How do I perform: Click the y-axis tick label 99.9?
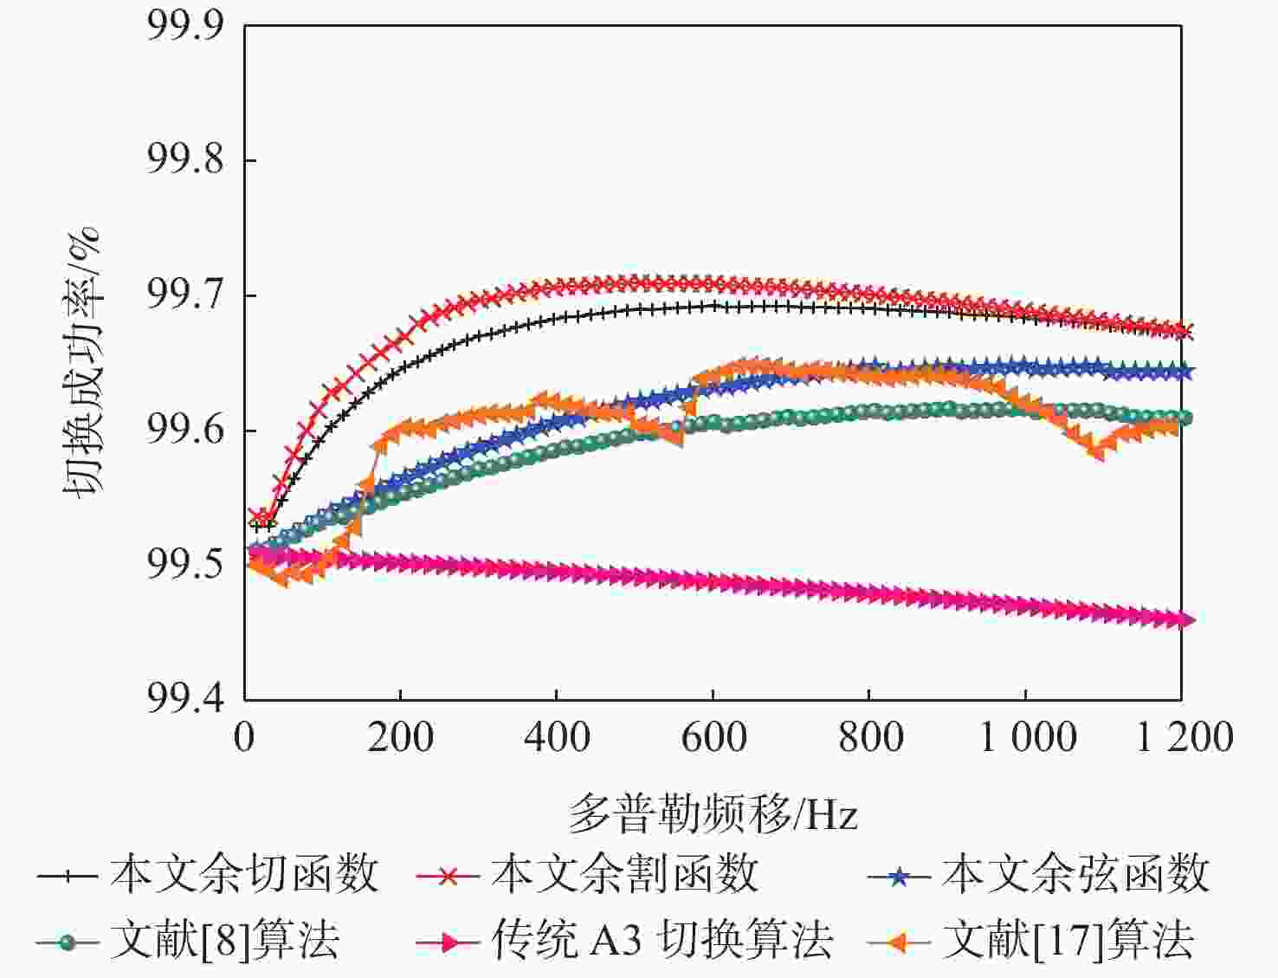point(184,27)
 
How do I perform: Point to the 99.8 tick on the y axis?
point(184,160)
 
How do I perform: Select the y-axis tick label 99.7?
point(184,295)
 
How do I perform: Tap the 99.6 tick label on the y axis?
point(184,431)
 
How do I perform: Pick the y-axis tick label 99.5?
point(184,566)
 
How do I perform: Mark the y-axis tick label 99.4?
point(184,698)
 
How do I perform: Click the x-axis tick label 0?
point(244,738)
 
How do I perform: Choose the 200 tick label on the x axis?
point(400,738)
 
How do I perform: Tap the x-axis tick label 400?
point(557,738)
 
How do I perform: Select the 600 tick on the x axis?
point(713,738)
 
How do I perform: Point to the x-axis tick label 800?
point(869,738)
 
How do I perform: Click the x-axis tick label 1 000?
point(1027,738)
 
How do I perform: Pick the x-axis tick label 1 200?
point(1184,738)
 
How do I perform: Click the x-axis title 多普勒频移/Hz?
point(713,814)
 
